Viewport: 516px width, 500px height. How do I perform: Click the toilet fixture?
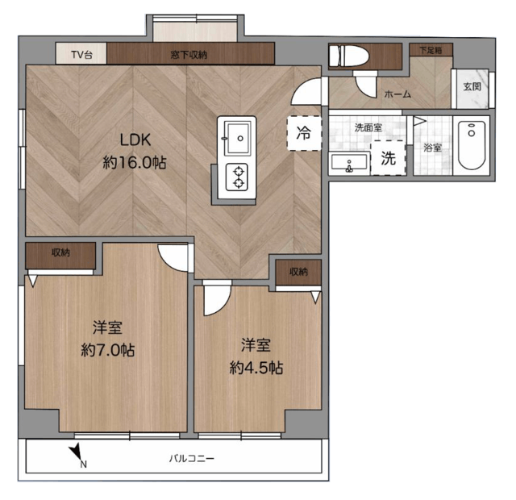click(349, 56)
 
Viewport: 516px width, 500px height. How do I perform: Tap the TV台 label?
click(81, 54)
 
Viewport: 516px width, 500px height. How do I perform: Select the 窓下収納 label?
click(189, 55)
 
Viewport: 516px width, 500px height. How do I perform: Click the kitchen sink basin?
click(237, 138)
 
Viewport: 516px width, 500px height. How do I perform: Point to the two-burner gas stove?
click(237, 177)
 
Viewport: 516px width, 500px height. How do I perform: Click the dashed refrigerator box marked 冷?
click(304, 133)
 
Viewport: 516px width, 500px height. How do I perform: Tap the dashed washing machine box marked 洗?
click(388, 158)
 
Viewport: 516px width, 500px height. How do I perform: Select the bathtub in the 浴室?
click(472, 145)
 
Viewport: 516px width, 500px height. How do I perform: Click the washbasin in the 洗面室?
click(349, 163)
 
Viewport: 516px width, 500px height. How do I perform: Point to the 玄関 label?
click(472, 87)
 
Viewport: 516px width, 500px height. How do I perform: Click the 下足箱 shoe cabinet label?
click(431, 50)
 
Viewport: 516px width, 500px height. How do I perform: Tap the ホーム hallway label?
click(397, 94)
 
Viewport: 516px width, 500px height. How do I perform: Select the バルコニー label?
click(192, 458)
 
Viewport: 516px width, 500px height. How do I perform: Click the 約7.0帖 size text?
click(108, 350)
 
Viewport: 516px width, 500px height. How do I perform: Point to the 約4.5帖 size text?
click(256, 368)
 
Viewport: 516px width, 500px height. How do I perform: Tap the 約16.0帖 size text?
click(135, 163)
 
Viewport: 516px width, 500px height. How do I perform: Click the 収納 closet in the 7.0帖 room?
click(60, 256)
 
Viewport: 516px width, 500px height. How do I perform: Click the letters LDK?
click(135, 140)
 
